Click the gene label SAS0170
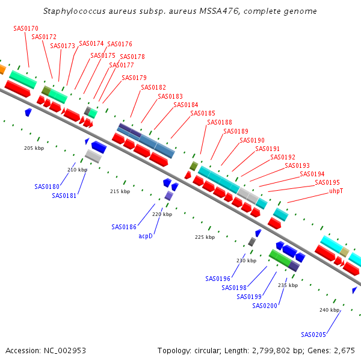(x=26, y=28)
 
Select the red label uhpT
(x=336, y=191)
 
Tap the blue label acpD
(x=146, y=236)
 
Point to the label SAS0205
(x=314, y=335)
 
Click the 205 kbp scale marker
(x=34, y=147)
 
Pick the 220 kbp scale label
(x=162, y=214)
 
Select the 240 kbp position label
(x=329, y=309)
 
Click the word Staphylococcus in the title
(x=73, y=11)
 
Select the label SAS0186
(x=124, y=227)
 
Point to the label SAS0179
(x=134, y=78)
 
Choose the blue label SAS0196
(x=218, y=279)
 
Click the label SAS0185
(x=203, y=113)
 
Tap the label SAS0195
(x=327, y=182)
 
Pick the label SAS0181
(x=64, y=196)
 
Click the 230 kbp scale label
(x=246, y=261)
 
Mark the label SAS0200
(x=265, y=306)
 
